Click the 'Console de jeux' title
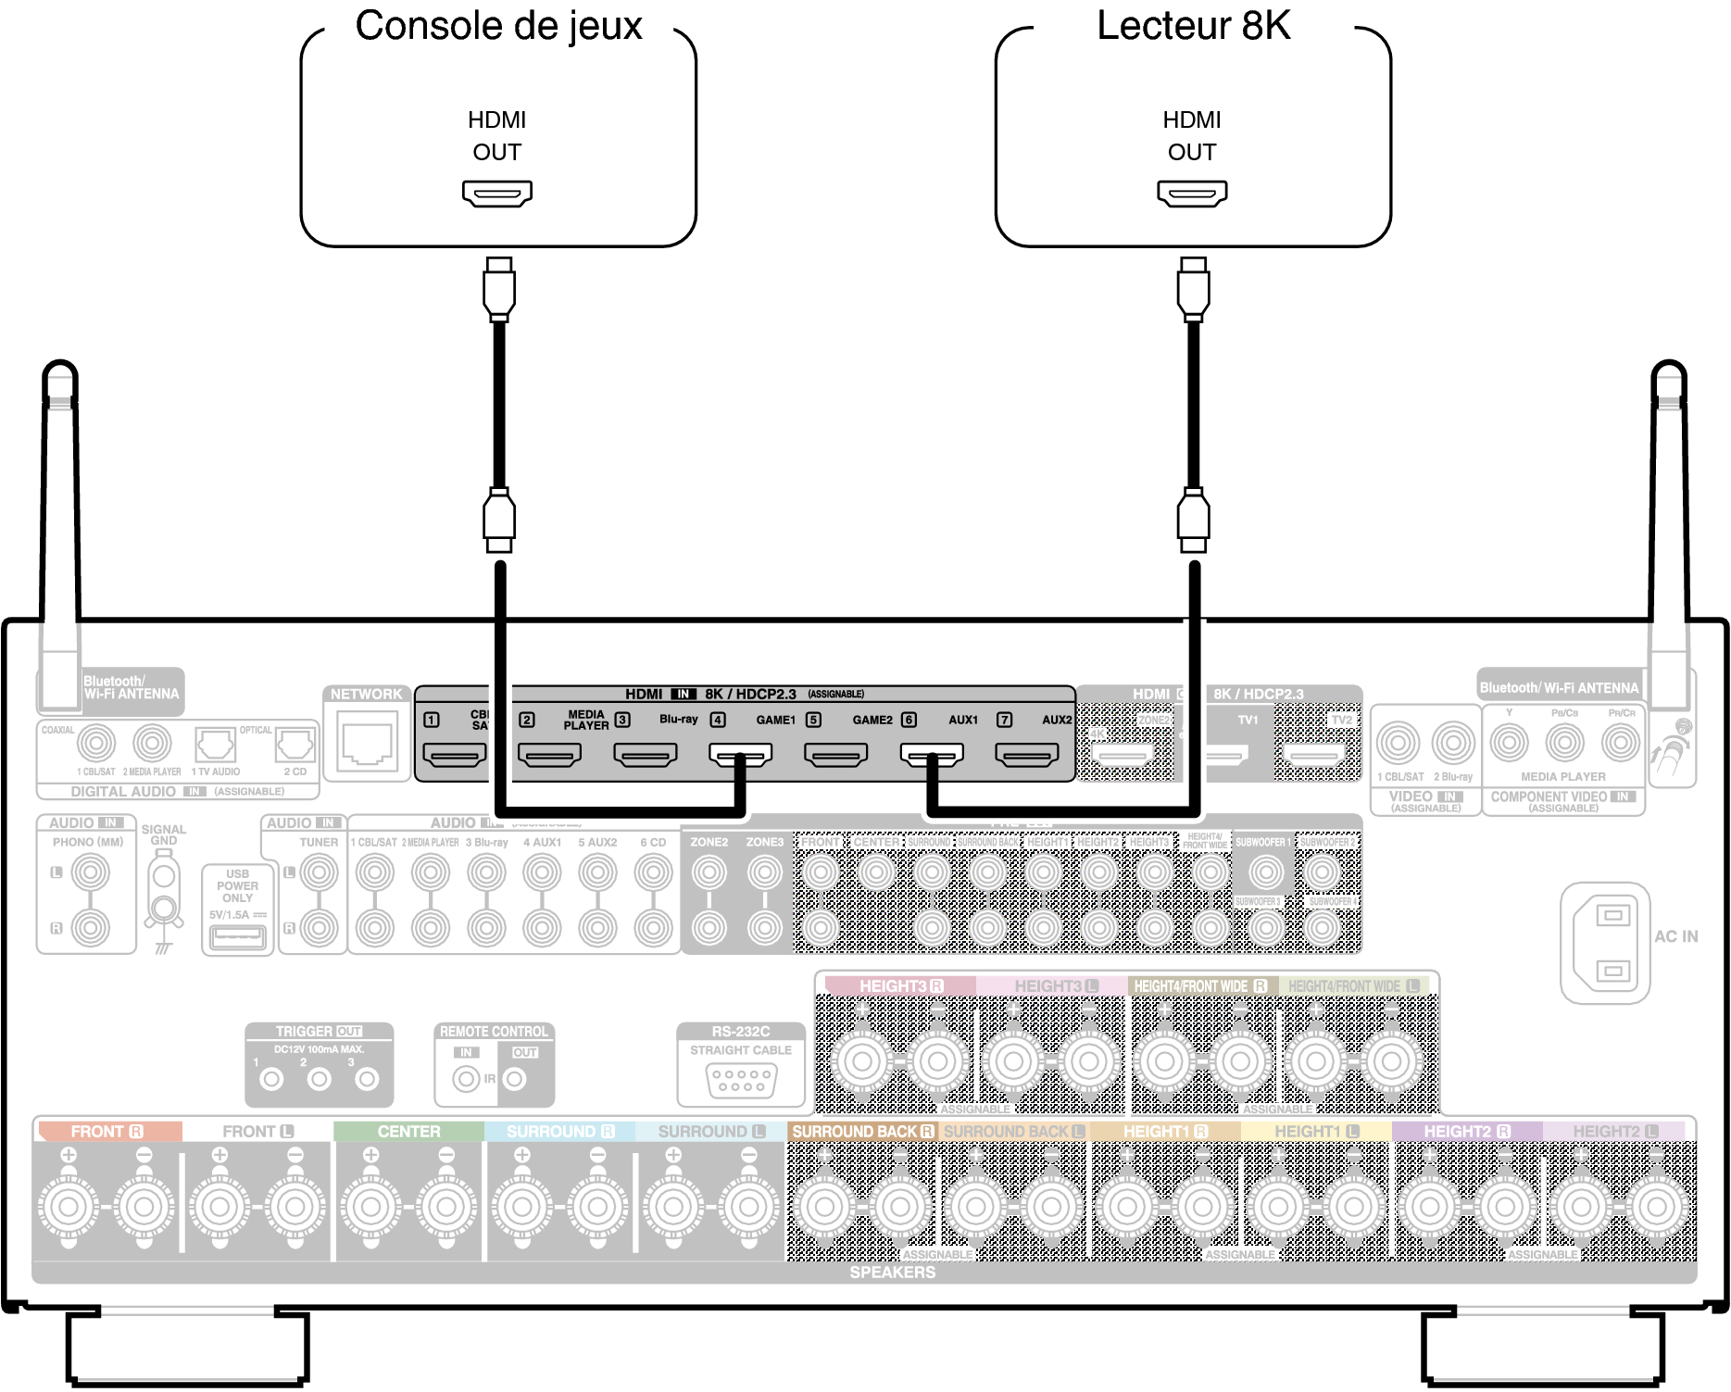[498, 26]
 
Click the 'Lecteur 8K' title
[1193, 26]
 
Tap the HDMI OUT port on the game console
[497, 193]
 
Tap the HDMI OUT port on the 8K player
[1192, 193]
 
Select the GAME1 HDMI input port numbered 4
[740, 756]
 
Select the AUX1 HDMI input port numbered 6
[932, 756]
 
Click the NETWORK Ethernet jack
[368, 743]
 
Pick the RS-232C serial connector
[741, 1080]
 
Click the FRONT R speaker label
[107, 1132]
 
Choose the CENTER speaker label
[408, 1132]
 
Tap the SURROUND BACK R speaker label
[862, 1132]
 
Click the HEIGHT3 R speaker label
[900, 986]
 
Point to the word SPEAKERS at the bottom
[892, 1273]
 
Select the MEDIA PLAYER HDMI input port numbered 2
[549, 756]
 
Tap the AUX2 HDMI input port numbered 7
[1026, 756]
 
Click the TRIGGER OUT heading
[319, 1032]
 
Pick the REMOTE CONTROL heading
[494, 1032]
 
